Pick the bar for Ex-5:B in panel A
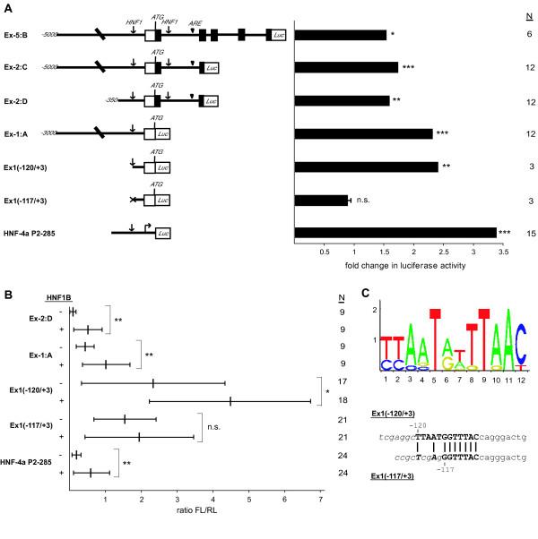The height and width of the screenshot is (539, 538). point(341,35)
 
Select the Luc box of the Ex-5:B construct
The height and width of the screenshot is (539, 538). point(277,35)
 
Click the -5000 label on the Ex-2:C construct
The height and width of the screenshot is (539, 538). point(51,66)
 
